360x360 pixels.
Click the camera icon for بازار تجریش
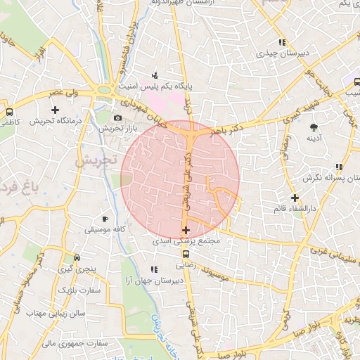[x=117, y=117]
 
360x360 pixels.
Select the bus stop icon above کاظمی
[x=10, y=112]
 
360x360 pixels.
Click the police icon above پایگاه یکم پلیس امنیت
[x=155, y=75]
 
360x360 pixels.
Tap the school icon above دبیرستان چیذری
[x=282, y=42]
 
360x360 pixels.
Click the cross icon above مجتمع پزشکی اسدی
[x=186, y=230]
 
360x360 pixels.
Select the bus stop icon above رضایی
[x=186, y=255]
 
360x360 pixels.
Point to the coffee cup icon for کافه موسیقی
[x=105, y=219]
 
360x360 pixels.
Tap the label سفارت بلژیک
[x=79, y=290]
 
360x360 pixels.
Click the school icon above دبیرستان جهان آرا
[x=154, y=269]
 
